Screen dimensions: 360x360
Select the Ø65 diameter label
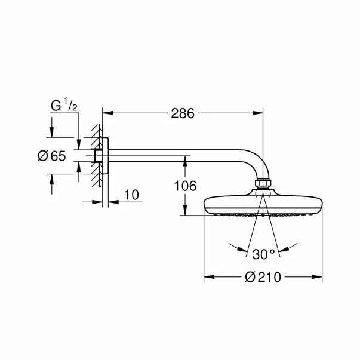(x=51, y=156)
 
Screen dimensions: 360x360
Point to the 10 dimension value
(x=132, y=195)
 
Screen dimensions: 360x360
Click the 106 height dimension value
(x=185, y=186)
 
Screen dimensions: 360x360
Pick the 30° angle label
(x=263, y=254)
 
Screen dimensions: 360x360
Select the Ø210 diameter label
(x=263, y=278)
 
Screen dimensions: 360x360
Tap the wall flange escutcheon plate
(x=106, y=157)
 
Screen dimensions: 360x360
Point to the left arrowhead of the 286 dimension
(x=108, y=112)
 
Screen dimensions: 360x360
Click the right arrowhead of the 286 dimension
(x=259, y=112)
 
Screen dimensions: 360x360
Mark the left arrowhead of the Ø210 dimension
(x=208, y=277)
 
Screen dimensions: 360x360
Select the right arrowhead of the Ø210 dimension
(x=318, y=277)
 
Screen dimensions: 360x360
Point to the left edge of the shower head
(x=206, y=205)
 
